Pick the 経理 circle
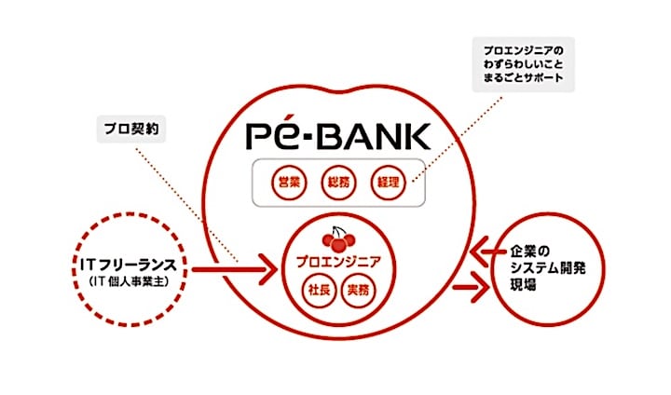[x=385, y=182]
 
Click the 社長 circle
[x=314, y=290]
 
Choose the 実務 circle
[x=357, y=290]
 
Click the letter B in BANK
[x=327, y=136]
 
